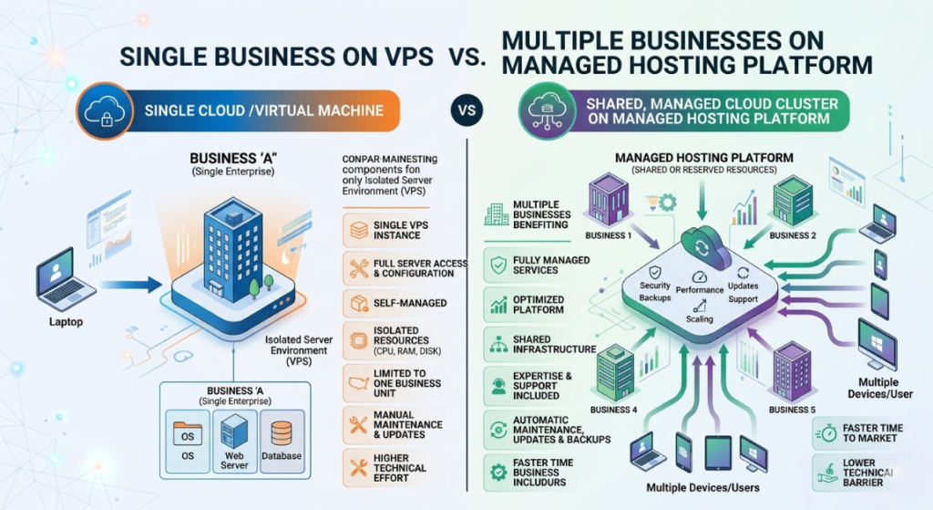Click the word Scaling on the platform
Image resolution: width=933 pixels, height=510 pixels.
[x=699, y=319]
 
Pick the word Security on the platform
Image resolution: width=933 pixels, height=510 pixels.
[x=655, y=285]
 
